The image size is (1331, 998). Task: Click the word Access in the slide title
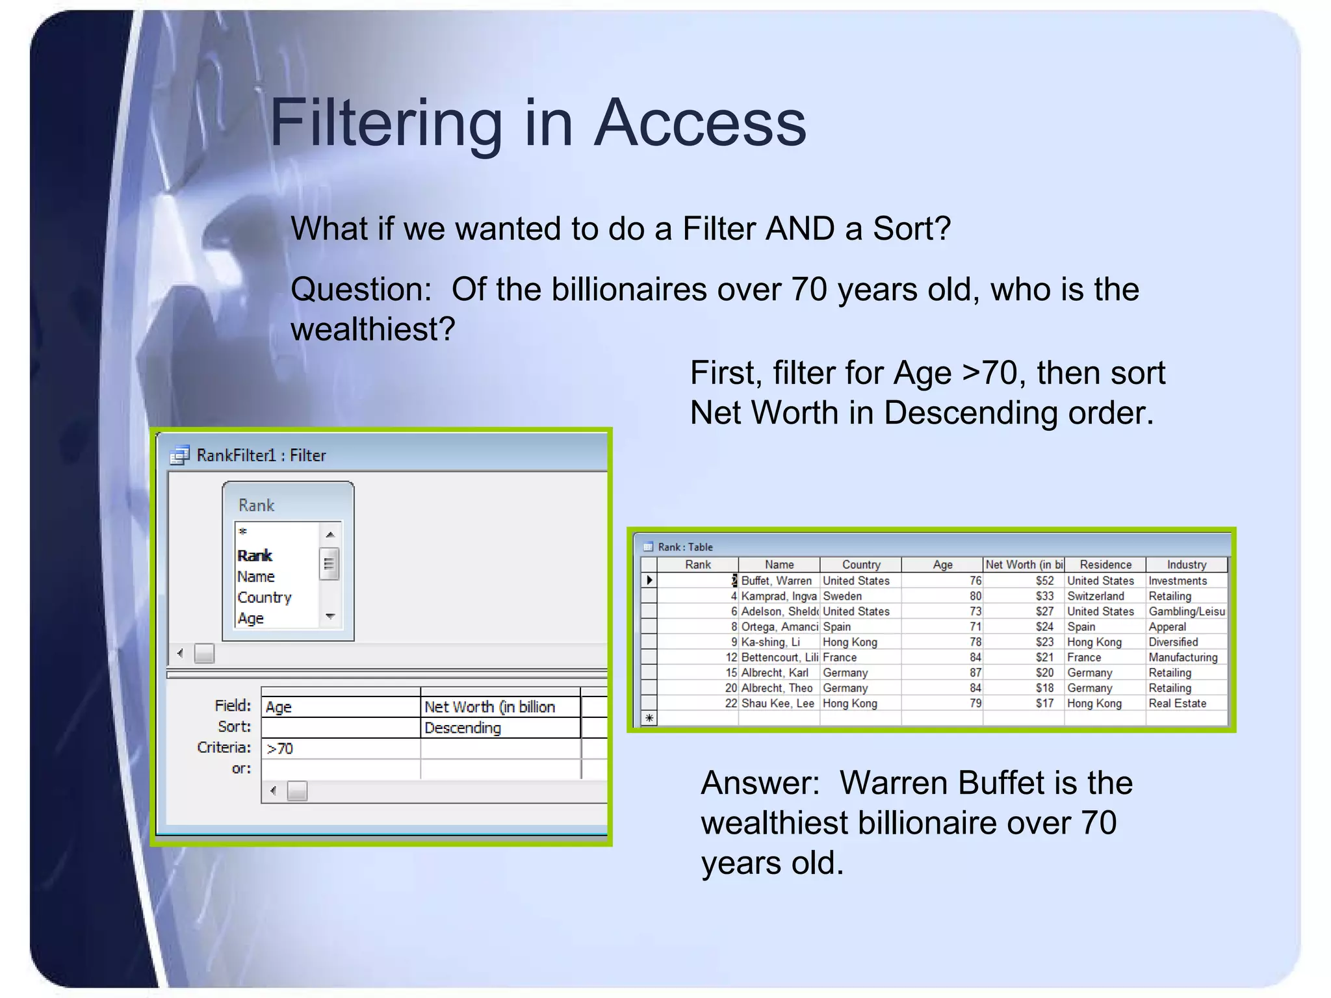pyautogui.click(x=700, y=122)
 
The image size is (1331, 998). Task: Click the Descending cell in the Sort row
pyautogui.click(x=462, y=728)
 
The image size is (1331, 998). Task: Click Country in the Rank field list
pyautogui.click(x=264, y=597)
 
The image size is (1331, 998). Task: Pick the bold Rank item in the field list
pyautogui.click(x=254, y=556)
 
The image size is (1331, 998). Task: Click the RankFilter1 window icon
pyautogui.click(x=179, y=455)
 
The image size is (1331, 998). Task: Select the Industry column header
pyautogui.click(x=1186, y=565)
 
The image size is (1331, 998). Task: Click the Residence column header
pyautogui.click(x=1105, y=565)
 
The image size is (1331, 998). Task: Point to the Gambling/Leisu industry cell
pyautogui.click(x=1186, y=611)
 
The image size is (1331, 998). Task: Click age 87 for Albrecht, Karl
pyautogui.click(x=975, y=672)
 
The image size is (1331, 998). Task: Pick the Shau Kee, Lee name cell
pyautogui.click(x=777, y=703)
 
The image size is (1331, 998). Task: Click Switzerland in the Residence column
pyautogui.click(x=1095, y=596)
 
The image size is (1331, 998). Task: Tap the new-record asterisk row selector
pyautogui.click(x=649, y=718)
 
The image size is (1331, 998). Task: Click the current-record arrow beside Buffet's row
pyautogui.click(x=649, y=580)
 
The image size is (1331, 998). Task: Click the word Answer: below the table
pyautogui.click(x=760, y=782)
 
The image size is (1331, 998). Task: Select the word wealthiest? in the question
pyautogui.click(x=372, y=329)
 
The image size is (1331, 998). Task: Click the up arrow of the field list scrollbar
pyautogui.click(x=330, y=534)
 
